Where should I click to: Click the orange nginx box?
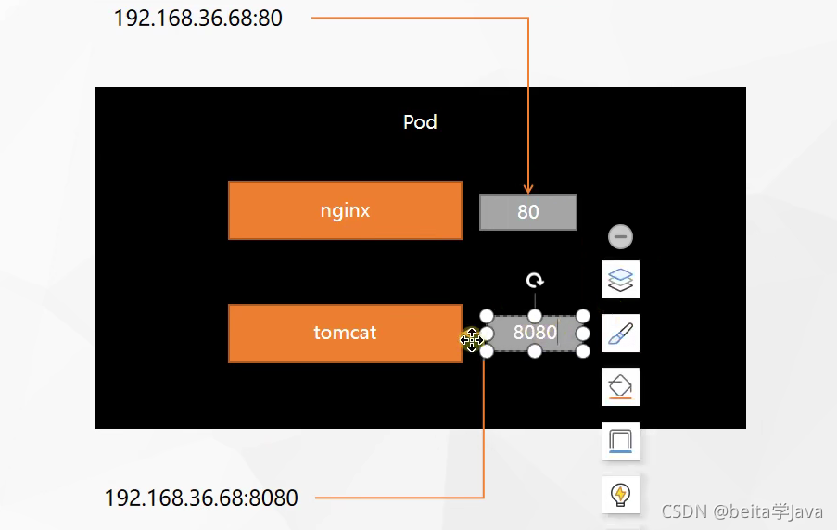coord(345,210)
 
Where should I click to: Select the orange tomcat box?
coord(345,333)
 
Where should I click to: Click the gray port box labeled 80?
coord(527,212)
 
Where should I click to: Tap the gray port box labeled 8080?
coord(535,334)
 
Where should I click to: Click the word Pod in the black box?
coord(420,122)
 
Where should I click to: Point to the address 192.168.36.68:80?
coord(197,19)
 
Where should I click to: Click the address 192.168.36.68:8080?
coord(201,498)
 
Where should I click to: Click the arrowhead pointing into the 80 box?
coord(528,189)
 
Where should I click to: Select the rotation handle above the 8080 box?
coord(534,280)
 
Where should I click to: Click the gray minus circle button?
coord(620,236)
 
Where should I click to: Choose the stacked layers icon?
coord(620,279)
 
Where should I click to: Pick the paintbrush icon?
coord(620,333)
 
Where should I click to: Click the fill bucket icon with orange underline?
coord(620,386)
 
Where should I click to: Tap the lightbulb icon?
coord(620,495)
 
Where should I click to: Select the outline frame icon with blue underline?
coord(620,440)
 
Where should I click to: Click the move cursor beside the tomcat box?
coord(472,339)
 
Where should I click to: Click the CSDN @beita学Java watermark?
coord(742,511)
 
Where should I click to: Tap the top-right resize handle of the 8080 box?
coord(583,316)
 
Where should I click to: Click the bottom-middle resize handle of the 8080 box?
coord(535,351)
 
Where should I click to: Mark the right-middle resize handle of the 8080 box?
coord(583,334)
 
